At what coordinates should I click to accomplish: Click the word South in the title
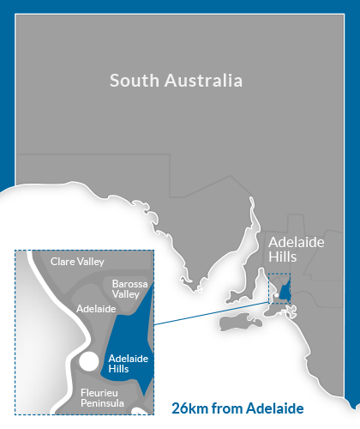pyautogui.click(x=135, y=81)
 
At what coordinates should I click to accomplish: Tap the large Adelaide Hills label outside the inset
pyautogui.click(x=296, y=250)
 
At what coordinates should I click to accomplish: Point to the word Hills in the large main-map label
pyautogui.click(x=284, y=257)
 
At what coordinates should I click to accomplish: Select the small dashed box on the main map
pyautogui.click(x=279, y=287)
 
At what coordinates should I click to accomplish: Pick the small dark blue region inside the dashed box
pyautogui.click(x=285, y=288)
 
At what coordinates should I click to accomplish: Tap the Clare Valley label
pyautogui.click(x=77, y=261)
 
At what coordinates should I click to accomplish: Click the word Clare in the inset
pyautogui.click(x=63, y=261)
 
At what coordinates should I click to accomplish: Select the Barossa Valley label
pyautogui.click(x=125, y=288)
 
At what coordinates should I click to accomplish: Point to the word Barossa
pyautogui.click(x=126, y=282)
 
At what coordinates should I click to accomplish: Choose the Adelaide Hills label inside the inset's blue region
pyautogui.click(x=129, y=362)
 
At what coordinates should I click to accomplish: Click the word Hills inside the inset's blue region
pyautogui.click(x=119, y=369)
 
